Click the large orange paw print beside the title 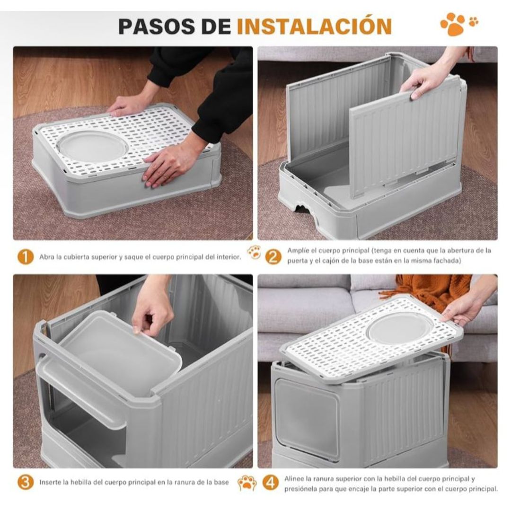453,24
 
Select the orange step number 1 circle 26,257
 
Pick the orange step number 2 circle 273,257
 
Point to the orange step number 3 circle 26,482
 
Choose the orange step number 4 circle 271,483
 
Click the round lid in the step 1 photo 93,146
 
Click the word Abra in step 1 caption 46,257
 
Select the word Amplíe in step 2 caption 298,251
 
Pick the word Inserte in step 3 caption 50,482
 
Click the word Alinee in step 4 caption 294,479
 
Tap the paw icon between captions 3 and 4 247,483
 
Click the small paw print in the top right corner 474,21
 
